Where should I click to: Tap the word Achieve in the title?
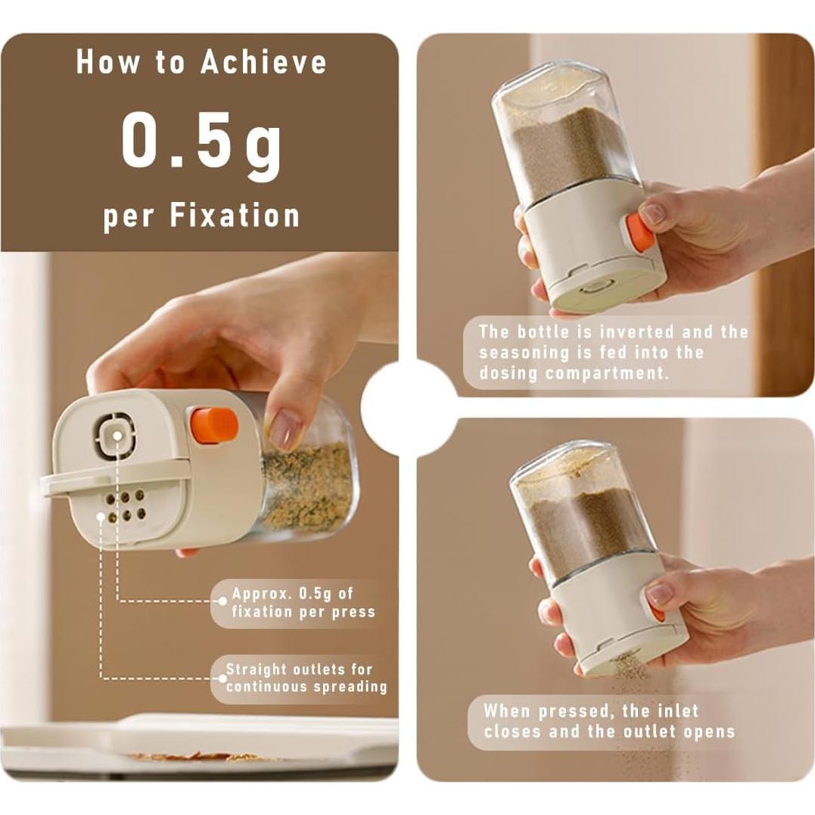[x=263, y=62]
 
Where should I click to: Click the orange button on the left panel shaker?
[x=213, y=425]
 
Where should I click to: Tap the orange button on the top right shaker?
[x=640, y=232]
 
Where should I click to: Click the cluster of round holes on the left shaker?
[x=126, y=505]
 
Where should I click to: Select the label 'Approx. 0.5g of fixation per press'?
[x=303, y=602]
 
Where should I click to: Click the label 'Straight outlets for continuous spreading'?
[x=306, y=678]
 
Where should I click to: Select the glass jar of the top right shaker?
[x=565, y=136]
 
